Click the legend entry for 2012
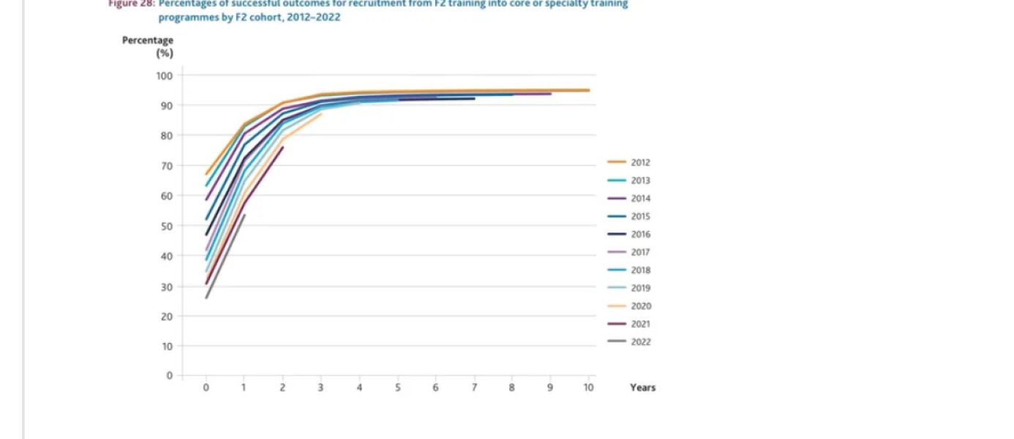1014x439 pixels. pyautogui.click(x=640, y=163)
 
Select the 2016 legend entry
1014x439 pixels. pyautogui.click(x=640, y=235)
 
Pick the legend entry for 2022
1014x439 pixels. pyautogui.click(x=640, y=342)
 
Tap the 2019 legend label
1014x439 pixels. pyautogui.click(x=640, y=288)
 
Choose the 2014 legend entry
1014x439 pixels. pyautogui.click(x=640, y=199)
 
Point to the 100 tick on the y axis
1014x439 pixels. pyautogui.click(x=164, y=75)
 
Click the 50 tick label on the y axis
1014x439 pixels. pyautogui.click(x=166, y=226)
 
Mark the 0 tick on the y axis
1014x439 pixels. pyautogui.click(x=169, y=376)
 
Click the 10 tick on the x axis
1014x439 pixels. pyautogui.click(x=588, y=388)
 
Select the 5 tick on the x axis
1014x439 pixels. pyautogui.click(x=397, y=388)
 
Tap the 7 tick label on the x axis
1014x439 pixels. pyautogui.click(x=474, y=388)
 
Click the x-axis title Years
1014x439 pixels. pyautogui.click(x=642, y=388)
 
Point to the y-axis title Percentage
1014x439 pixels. pyautogui.click(x=148, y=41)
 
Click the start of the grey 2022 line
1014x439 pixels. pyautogui.click(x=206, y=298)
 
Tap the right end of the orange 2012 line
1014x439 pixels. pyautogui.click(x=589, y=90)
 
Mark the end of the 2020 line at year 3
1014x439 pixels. pyautogui.click(x=321, y=113)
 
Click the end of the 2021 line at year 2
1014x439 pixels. pyautogui.click(x=283, y=147)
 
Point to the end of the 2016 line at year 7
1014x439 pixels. pyautogui.click(x=475, y=98)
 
